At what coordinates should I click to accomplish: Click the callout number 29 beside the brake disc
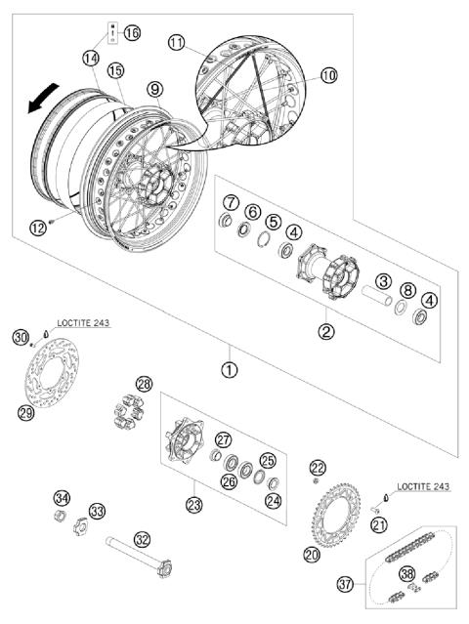tap(27, 412)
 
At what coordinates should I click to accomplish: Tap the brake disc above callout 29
tap(55, 377)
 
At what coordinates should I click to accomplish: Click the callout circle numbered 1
tap(230, 371)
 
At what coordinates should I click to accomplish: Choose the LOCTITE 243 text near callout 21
tap(423, 485)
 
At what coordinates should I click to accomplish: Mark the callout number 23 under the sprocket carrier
tap(193, 505)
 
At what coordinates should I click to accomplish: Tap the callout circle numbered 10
tap(327, 74)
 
